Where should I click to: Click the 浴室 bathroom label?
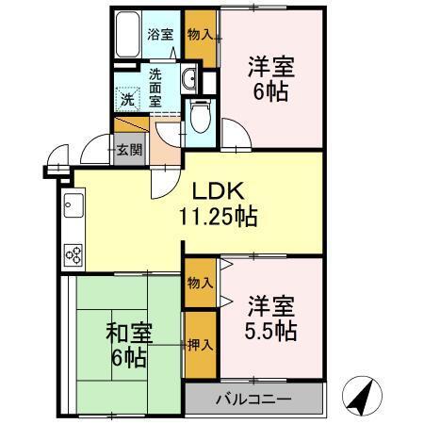(160, 35)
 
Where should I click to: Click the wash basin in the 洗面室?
(188, 78)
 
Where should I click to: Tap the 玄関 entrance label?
(129, 149)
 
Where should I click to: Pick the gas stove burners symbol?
(73, 253)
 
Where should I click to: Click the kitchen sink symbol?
(73, 204)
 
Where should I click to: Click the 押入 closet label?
(198, 345)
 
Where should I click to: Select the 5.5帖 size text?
(273, 331)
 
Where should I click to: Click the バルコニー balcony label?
(253, 399)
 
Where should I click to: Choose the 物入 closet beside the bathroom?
(198, 35)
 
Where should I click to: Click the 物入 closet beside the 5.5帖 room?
(198, 283)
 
